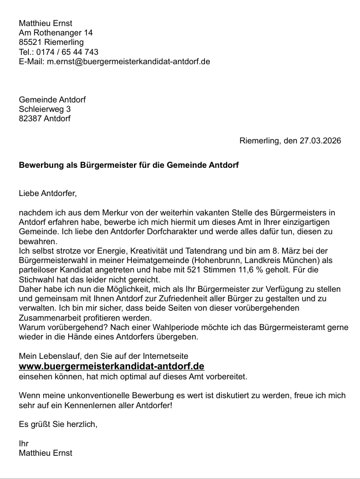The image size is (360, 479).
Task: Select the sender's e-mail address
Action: point(128,61)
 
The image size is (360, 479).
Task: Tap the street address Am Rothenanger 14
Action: point(56,33)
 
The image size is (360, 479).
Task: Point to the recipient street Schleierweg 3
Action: point(45,109)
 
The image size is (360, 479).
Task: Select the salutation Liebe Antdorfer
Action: point(47,193)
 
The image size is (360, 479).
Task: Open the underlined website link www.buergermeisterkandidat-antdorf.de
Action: point(112,367)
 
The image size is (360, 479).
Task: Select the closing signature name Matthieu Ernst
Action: point(45,453)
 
